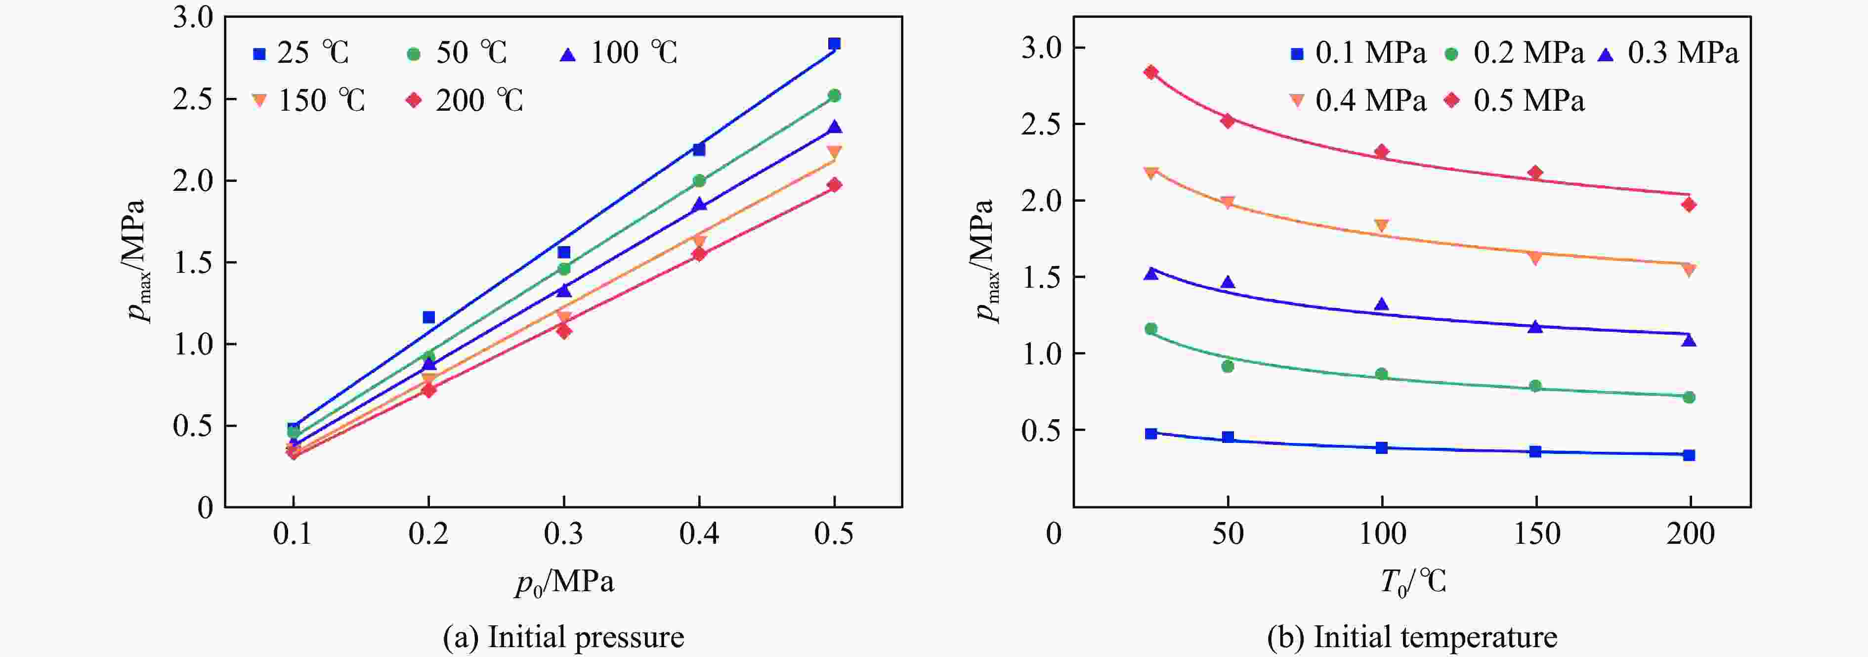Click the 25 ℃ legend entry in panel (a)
click(x=300, y=53)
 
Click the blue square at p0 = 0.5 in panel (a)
click(x=834, y=44)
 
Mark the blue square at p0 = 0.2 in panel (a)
click(x=428, y=317)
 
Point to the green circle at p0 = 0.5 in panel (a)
click(x=834, y=95)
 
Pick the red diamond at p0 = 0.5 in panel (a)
click(x=834, y=185)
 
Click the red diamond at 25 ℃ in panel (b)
click(x=1151, y=72)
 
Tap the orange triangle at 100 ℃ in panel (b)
click(x=1381, y=225)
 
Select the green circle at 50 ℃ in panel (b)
click(x=1228, y=366)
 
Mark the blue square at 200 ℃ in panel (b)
click(x=1689, y=455)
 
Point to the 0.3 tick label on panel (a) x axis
click(x=563, y=534)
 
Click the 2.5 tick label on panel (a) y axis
click(x=193, y=98)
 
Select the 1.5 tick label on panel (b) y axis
click(x=1041, y=277)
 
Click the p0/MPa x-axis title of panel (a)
click(x=565, y=581)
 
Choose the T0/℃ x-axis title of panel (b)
click(x=1412, y=581)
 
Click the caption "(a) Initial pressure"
click(x=563, y=637)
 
